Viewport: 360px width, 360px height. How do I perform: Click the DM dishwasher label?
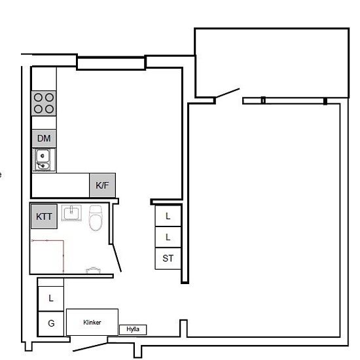coord(44,139)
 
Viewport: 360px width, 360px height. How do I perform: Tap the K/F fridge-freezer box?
coord(102,185)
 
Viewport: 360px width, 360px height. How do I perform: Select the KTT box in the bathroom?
coord(44,217)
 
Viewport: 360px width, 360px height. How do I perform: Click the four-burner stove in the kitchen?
coord(44,103)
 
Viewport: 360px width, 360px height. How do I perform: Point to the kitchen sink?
coord(44,160)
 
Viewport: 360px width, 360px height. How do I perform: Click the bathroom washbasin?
coord(71,213)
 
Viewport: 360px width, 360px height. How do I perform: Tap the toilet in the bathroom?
coord(96,218)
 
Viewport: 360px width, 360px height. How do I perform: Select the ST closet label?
coord(168,259)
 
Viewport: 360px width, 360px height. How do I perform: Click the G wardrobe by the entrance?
coord(51,324)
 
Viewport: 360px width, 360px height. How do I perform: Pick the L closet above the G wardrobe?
coord(51,298)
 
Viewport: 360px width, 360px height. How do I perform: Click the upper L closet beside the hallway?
coord(168,216)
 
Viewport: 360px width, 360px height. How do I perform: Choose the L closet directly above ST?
coord(168,237)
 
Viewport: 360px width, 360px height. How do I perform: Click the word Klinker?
coord(92,322)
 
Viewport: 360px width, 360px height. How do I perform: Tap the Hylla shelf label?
coord(133,329)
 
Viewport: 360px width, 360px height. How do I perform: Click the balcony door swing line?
coord(227,93)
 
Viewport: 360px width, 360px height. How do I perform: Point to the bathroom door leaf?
coord(117,258)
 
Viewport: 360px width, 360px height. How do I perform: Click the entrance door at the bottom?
coord(90,347)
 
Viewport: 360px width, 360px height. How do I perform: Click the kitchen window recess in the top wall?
coord(111,63)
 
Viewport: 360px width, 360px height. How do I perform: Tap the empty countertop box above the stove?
coord(44,79)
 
